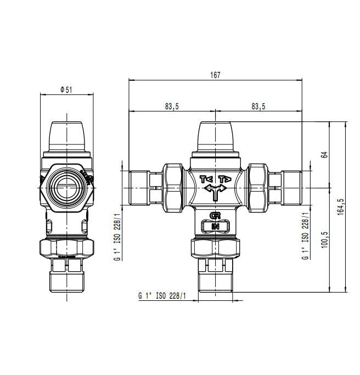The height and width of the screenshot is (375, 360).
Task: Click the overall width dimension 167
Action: tap(215, 75)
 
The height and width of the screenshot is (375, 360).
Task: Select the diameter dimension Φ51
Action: tap(66, 89)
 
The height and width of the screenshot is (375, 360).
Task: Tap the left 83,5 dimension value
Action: tap(171, 107)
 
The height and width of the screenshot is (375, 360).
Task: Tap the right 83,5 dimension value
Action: tap(258, 107)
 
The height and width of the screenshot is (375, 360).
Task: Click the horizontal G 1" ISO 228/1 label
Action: tap(162, 296)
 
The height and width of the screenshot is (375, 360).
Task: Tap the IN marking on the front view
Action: tap(215, 226)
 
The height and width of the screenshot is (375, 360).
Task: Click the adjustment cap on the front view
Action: tap(215, 137)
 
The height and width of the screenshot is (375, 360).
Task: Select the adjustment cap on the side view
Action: tap(66, 137)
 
